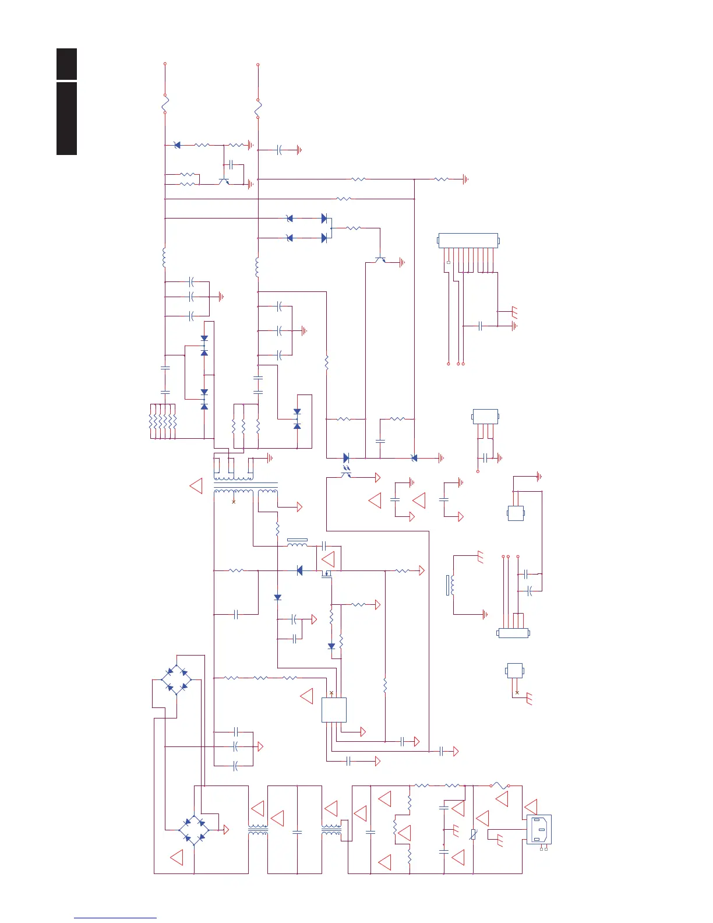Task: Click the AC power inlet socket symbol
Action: point(539,829)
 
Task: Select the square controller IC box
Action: point(334,710)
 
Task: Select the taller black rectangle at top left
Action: point(67,119)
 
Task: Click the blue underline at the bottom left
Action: point(115,918)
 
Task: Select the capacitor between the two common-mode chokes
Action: point(297,832)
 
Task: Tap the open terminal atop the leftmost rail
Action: point(165,64)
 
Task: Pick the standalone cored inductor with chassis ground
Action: point(452,585)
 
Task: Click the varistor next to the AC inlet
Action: point(474,834)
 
